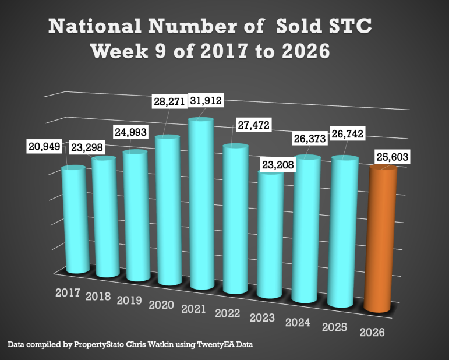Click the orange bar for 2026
(381, 239)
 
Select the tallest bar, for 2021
(200, 204)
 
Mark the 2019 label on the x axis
(130, 301)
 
